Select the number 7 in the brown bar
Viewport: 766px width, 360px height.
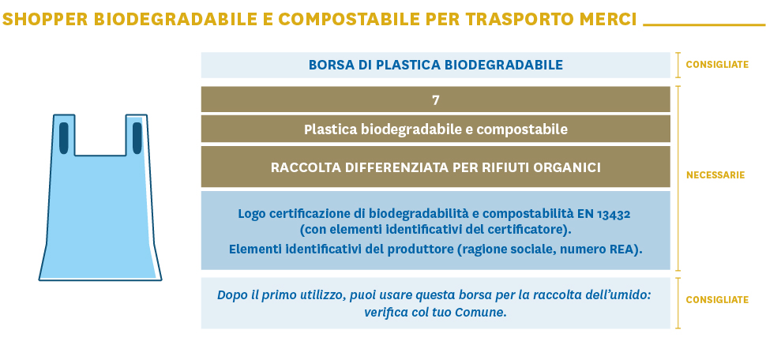point(436,100)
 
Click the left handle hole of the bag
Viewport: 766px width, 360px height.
point(64,138)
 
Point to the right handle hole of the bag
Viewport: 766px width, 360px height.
point(137,138)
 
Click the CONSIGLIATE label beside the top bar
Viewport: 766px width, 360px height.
point(717,65)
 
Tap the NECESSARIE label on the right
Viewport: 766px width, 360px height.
point(715,175)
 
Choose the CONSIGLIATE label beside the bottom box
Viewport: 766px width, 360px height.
point(717,300)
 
